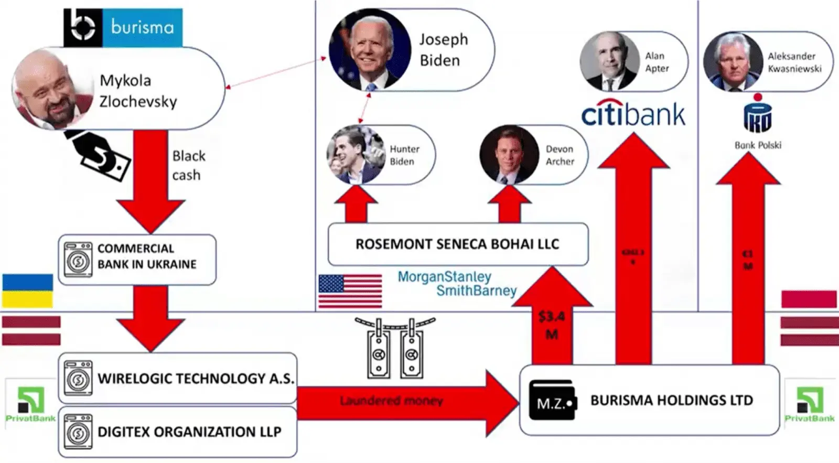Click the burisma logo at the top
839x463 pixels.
(123, 27)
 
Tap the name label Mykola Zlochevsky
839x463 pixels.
(138, 91)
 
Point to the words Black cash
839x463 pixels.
(188, 165)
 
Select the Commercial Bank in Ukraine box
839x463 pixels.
(137, 259)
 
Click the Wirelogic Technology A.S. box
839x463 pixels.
(177, 378)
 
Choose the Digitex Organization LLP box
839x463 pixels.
(177, 432)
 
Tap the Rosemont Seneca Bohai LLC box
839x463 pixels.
(457, 244)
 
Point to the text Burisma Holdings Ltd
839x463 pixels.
(671, 401)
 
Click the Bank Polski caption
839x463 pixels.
(758, 145)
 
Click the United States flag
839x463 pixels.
(350, 291)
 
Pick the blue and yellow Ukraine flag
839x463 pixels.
(27, 290)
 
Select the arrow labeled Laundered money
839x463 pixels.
(399, 402)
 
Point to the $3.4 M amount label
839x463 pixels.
(552, 325)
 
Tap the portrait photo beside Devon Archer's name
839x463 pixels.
(509, 155)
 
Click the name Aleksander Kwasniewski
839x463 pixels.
(794, 62)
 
